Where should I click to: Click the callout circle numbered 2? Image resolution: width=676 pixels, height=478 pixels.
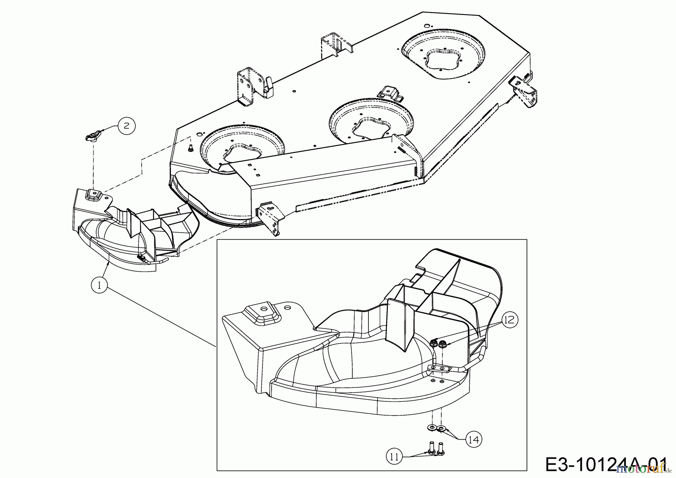[x=126, y=126]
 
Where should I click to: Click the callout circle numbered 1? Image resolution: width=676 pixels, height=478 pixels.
[x=99, y=285]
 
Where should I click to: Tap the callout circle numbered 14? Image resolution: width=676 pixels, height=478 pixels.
[x=474, y=439]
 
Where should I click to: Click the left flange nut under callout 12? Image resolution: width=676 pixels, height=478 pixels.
[x=433, y=342]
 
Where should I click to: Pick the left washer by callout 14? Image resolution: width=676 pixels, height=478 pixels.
[x=432, y=428]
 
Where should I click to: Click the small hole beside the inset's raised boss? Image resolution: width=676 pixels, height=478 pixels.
[x=288, y=307]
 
